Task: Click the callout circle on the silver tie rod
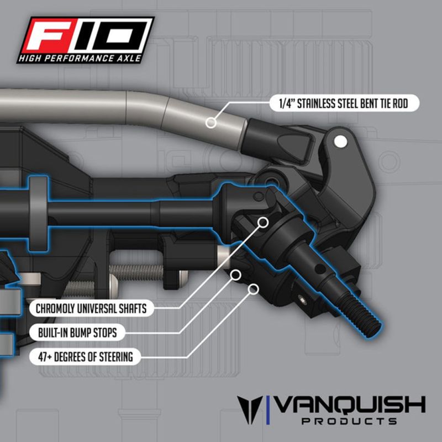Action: [x=211, y=123]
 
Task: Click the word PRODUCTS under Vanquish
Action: [x=350, y=422]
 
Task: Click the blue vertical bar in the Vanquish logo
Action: [x=268, y=409]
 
